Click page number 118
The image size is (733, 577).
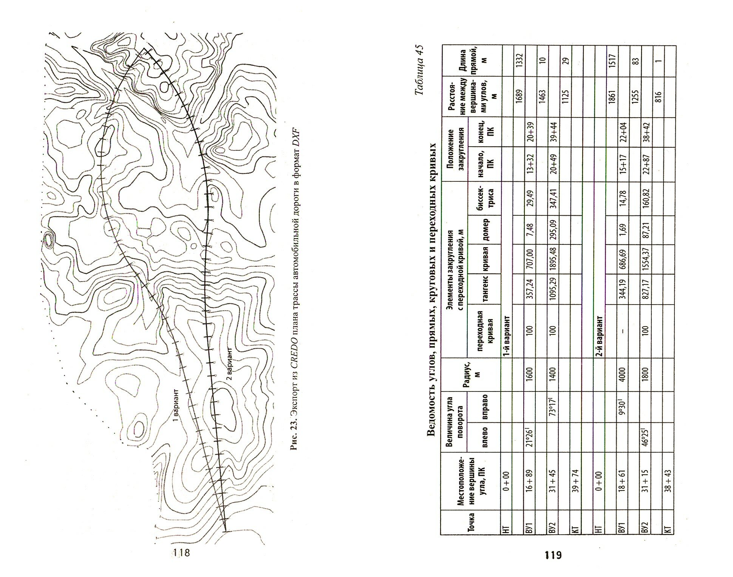click(181, 552)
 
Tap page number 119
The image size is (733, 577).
click(553, 555)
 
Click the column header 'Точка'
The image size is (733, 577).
click(470, 522)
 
